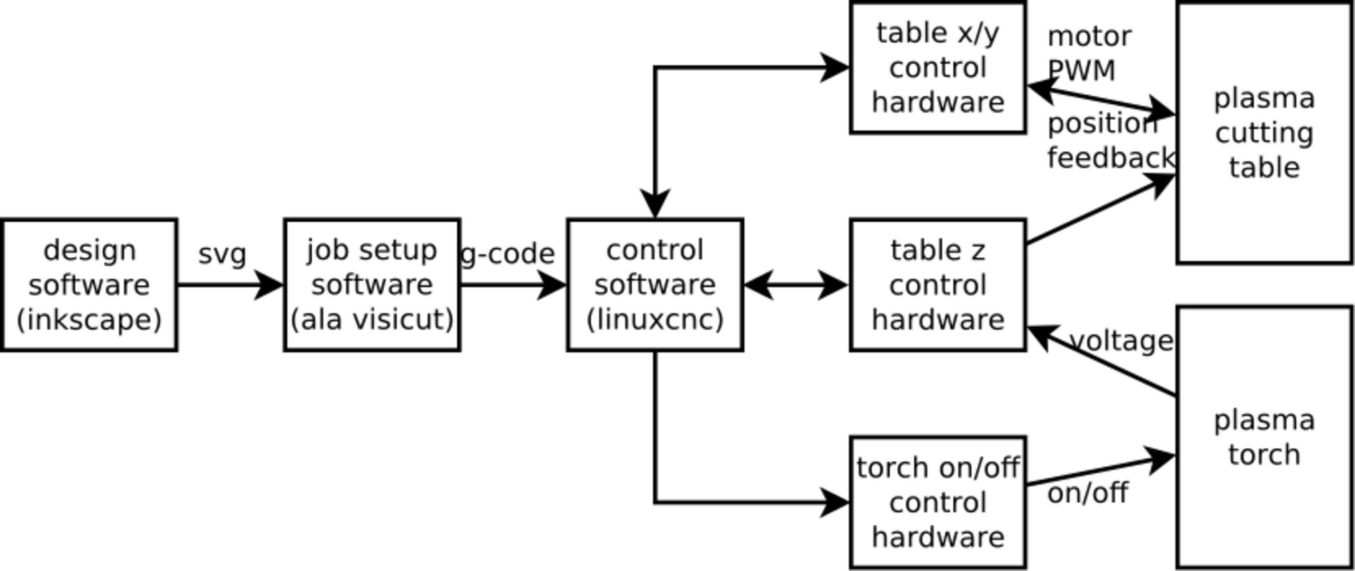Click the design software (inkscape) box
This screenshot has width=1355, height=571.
89,285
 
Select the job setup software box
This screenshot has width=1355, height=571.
372,285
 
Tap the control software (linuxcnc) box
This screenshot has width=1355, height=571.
655,285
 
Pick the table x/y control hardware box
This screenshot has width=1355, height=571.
938,67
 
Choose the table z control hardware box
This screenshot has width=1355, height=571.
938,285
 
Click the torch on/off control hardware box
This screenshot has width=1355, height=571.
938,502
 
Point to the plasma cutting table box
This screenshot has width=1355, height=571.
1264,132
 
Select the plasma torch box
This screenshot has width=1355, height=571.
1264,437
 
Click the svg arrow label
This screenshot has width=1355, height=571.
222,255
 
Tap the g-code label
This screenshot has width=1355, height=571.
508,254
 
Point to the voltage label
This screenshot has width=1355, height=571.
1121,341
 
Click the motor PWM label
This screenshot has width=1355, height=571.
1089,53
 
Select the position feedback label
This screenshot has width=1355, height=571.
1110,141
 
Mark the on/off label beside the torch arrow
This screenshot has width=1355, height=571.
1088,493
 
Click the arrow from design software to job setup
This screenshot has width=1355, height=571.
231,285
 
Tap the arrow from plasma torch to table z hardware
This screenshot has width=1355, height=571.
1101,361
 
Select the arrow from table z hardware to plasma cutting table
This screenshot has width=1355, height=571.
1101,209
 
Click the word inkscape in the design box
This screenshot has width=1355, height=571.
89,320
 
